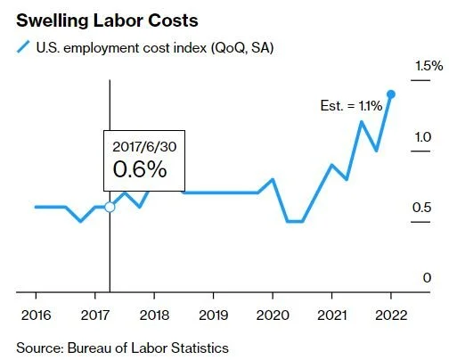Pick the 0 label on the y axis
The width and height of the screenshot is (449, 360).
click(427, 278)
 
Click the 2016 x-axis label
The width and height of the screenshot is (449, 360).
click(36, 315)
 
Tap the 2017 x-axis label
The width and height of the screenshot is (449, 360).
click(94, 315)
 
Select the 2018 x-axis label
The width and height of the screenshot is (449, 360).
click(154, 315)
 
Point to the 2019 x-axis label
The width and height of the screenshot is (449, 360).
click(213, 315)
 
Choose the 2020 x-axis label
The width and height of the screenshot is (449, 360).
click(273, 315)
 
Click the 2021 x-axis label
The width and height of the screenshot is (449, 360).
click(331, 315)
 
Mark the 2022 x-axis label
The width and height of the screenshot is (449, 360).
click(390, 315)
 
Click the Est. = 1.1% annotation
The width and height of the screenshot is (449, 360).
click(351, 105)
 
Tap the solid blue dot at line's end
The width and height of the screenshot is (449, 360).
click(391, 94)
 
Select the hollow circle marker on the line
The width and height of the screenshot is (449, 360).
click(110, 207)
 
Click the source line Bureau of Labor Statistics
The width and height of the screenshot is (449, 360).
click(123, 347)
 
